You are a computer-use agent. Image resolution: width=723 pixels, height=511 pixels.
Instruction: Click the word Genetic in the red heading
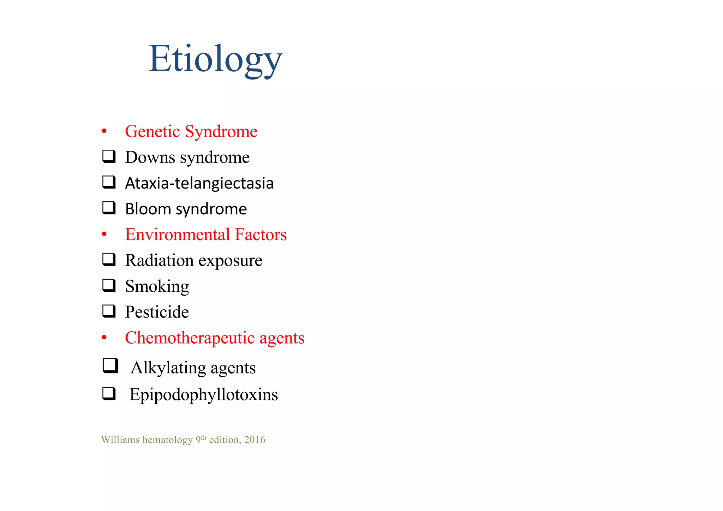pos(153,131)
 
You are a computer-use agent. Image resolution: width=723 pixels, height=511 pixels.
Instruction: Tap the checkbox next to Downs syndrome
pos(109,156)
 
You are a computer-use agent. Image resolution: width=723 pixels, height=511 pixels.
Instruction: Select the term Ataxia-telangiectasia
pos(199,183)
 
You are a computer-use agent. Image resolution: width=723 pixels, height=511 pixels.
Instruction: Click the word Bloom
pos(148,209)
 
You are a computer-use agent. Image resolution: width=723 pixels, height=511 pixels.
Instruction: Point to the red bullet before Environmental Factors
pos(104,234)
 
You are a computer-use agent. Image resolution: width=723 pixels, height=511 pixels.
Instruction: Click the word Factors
pos(261,234)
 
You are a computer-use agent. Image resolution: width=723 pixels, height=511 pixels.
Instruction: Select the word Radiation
pos(160,260)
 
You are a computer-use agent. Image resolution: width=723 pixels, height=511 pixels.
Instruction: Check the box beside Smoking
pos(109,285)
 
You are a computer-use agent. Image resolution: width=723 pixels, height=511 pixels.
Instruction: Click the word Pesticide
pos(157,312)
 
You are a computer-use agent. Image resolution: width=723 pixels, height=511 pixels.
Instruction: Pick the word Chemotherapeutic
pos(190,338)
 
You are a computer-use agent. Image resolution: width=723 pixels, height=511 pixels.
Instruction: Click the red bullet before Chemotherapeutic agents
pos(104,338)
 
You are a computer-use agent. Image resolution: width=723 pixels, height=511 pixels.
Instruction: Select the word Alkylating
pos(168,368)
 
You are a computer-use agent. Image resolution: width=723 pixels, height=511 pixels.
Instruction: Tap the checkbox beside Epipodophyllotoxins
pos(109,393)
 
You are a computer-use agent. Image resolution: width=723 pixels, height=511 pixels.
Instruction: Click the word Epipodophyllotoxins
pos(204,394)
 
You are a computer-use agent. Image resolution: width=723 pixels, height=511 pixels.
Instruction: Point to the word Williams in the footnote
pos(120,440)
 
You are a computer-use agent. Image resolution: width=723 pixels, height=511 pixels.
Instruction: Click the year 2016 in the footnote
pos(255,440)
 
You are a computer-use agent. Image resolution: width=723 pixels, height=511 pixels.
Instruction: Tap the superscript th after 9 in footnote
pos(204,437)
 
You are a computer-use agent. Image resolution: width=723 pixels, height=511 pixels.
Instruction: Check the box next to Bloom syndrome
pos(109,208)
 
